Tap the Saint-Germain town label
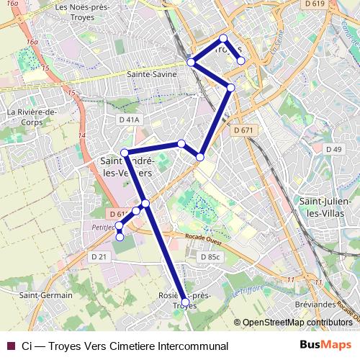45,295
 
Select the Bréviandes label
315,305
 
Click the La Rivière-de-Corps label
32,117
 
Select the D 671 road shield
244,130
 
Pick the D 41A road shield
130,119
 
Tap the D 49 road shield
333,149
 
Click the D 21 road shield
98,256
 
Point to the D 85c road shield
210,257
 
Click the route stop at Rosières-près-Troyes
185,302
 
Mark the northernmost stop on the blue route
223,38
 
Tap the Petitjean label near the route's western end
104,226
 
